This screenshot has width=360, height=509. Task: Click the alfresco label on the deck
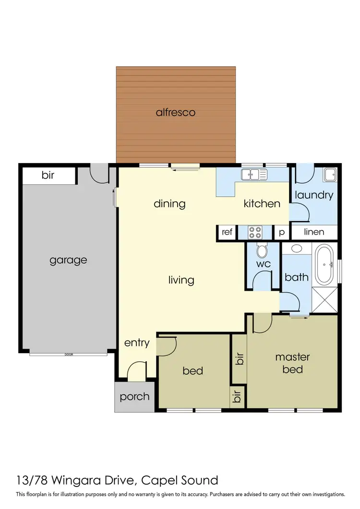(176, 113)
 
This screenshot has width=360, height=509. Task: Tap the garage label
(69, 260)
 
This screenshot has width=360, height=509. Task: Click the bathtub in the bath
(326, 264)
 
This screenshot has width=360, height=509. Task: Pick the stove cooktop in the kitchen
(255, 232)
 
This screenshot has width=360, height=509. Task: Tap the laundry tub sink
(330, 175)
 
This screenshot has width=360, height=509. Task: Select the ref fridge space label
(227, 232)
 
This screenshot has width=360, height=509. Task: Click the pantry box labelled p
(282, 232)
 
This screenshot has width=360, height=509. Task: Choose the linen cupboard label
(314, 232)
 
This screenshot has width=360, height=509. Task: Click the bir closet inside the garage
(48, 176)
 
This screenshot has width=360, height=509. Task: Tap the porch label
(134, 397)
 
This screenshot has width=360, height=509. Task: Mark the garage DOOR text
(69, 355)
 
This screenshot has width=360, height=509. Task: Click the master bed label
(292, 363)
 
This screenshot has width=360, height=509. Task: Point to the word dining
(169, 203)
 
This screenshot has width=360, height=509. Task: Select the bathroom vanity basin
(297, 249)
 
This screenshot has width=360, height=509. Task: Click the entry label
(137, 343)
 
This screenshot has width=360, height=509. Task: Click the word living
(181, 280)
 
